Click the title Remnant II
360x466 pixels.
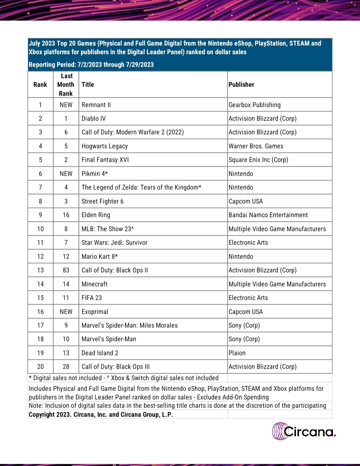96,105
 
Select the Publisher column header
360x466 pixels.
241,85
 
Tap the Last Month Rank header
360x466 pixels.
66,85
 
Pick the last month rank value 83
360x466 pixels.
66,270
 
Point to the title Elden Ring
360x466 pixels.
96,215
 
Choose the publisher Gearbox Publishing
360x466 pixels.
254,105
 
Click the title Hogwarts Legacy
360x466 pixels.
104,146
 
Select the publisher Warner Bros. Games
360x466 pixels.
256,146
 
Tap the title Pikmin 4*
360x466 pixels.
95,174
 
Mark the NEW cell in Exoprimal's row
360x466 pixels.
66,312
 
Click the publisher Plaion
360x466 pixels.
237,353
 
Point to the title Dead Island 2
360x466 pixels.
100,353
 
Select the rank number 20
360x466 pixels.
40,367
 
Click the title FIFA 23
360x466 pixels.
92,298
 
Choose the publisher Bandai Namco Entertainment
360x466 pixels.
268,215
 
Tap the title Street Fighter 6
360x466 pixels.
102,201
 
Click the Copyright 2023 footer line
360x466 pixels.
101,415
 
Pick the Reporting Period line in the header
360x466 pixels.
91,65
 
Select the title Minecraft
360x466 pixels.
94,284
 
